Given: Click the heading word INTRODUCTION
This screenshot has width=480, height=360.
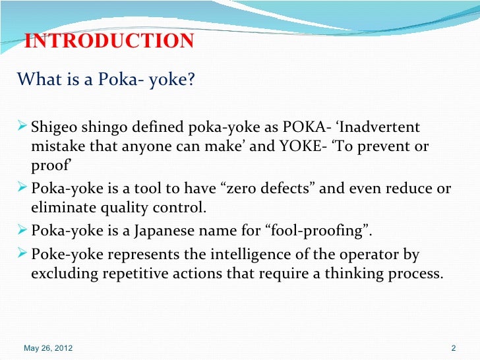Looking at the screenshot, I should [109, 41].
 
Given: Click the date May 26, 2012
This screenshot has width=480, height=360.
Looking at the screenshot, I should [48, 347].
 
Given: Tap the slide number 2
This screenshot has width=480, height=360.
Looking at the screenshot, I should [453, 347].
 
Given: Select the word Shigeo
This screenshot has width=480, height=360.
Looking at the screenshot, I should [53, 127].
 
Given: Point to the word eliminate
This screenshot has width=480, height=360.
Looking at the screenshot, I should [61, 210].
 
